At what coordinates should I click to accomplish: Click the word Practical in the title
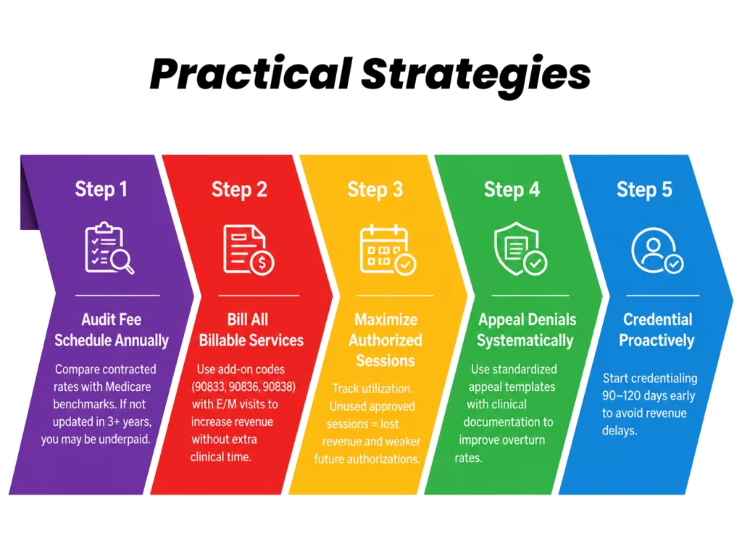click(251, 73)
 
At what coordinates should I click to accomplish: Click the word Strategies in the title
click(476, 75)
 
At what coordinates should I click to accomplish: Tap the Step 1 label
click(101, 189)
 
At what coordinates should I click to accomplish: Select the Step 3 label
click(375, 189)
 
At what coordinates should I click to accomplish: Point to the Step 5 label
click(644, 189)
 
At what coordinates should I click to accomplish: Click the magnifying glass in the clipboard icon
click(122, 261)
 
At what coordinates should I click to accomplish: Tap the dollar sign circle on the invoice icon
click(262, 263)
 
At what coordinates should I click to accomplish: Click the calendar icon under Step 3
click(388, 249)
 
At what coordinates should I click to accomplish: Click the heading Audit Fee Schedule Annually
click(111, 330)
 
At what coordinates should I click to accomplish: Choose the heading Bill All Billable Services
click(251, 330)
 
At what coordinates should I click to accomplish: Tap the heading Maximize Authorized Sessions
click(385, 340)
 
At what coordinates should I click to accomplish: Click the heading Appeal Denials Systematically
click(526, 330)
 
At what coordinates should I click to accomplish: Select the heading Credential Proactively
click(656, 330)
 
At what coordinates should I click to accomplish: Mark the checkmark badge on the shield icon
click(535, 263)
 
